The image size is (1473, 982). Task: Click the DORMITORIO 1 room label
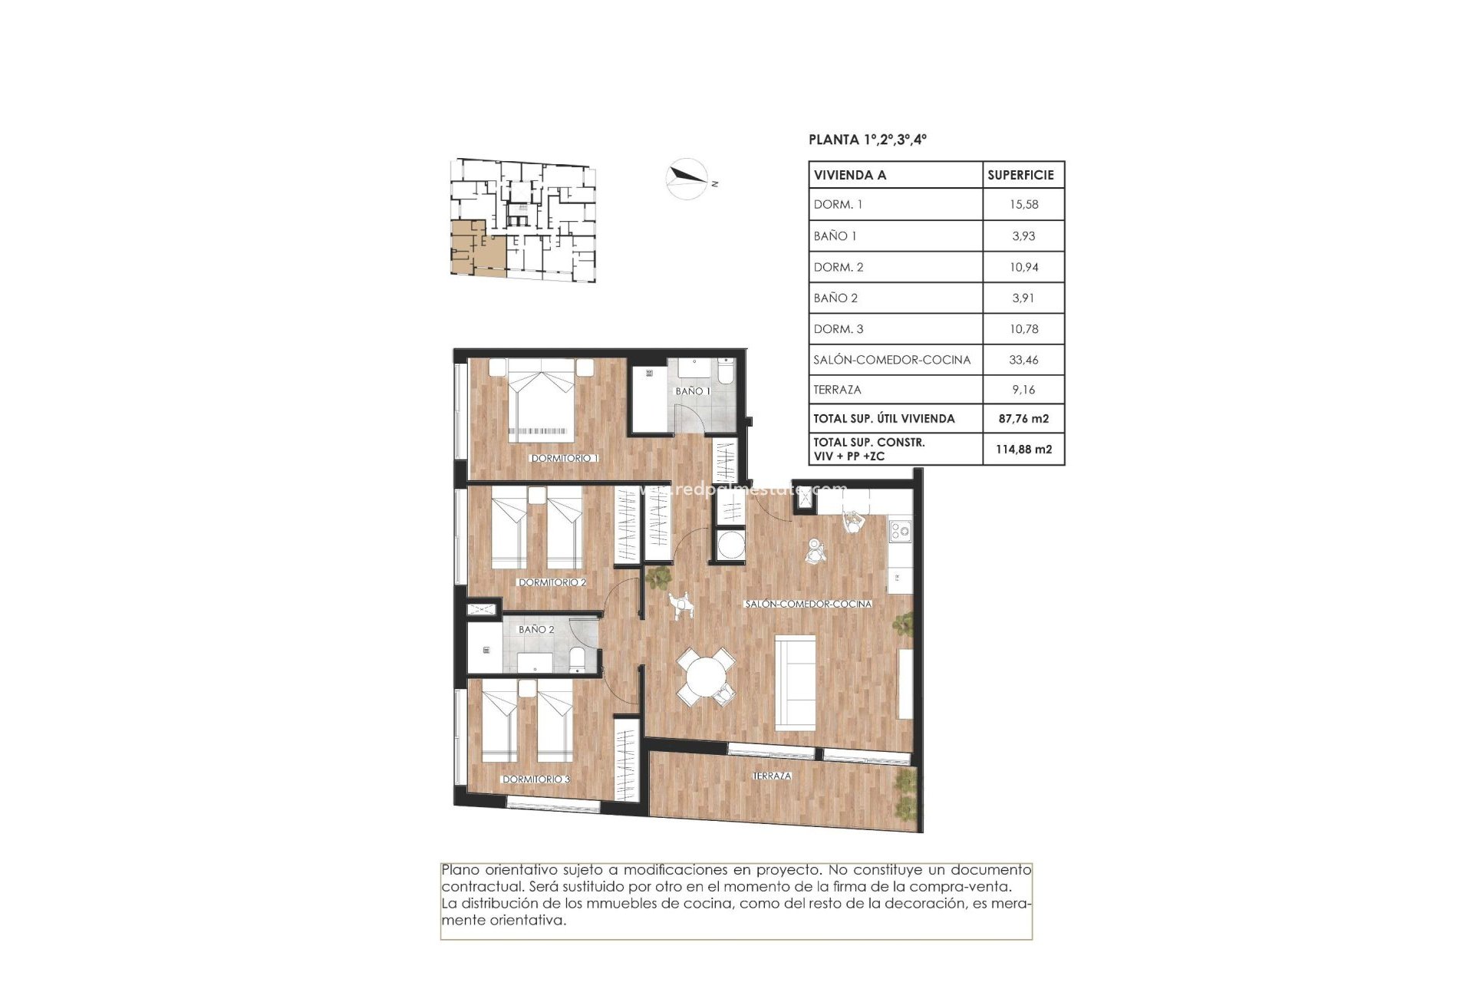tap(565, 458)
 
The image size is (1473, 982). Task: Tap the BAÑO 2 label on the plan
tap(536, 629)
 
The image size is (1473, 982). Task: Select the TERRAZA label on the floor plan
tap(772, 776)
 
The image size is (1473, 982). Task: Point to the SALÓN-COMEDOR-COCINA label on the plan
tap(808, 604)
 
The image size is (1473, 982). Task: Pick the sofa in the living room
tap(796, 682)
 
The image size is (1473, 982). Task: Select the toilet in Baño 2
tap(578, 658)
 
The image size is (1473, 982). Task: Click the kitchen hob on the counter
tap(900, 529)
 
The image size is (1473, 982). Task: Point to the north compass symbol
tap(687, 179)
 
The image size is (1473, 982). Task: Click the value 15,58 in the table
tap(1023, 205)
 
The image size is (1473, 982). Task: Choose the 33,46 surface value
tap(1023, 359)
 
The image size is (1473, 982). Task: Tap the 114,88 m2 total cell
tap(1023, 449)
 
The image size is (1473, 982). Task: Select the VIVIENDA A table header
tap(850, 175)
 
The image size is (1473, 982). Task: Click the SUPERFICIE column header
tap(1020, 175)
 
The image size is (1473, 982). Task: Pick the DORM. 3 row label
tap(839, 328)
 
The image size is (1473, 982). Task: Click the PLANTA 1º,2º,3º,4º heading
tap(868, 140)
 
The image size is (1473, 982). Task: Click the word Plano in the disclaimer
tap(460, 870)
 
